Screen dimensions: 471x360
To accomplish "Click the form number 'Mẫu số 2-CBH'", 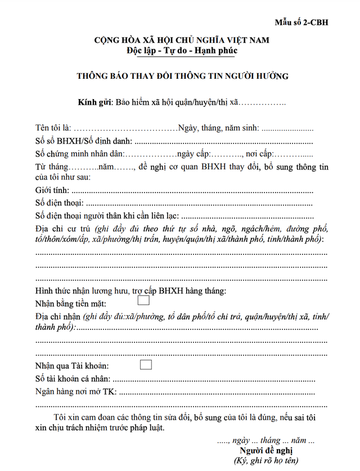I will [x=301, y=23].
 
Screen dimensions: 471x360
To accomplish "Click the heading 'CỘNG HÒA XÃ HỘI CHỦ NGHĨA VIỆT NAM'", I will [x=182, y=40].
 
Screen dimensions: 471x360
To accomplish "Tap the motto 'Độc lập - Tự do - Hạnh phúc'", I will [x=182, y=51].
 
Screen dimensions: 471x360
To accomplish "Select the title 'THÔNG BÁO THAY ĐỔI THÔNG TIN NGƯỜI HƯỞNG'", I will [x=182, y=76].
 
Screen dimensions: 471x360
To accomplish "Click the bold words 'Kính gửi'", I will [x=95, y=102].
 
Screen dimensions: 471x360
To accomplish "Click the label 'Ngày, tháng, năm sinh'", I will [x=218, y=128].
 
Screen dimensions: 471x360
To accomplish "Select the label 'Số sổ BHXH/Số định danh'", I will [x=83, y=141].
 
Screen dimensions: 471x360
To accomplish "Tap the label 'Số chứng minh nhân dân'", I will [x=80, y=154].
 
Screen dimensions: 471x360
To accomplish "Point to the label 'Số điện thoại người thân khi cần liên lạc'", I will [x=107, y=216].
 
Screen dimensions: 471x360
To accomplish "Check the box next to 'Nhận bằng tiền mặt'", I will [x=143, y=301].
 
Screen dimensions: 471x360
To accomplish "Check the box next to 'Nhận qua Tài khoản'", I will [x=146, y=364].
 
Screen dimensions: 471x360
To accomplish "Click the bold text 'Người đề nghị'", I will [x=266, y=451].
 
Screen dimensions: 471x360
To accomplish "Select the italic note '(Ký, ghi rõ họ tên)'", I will [x=266, y=461].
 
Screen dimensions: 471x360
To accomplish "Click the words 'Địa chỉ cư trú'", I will [x=63, y=230].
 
